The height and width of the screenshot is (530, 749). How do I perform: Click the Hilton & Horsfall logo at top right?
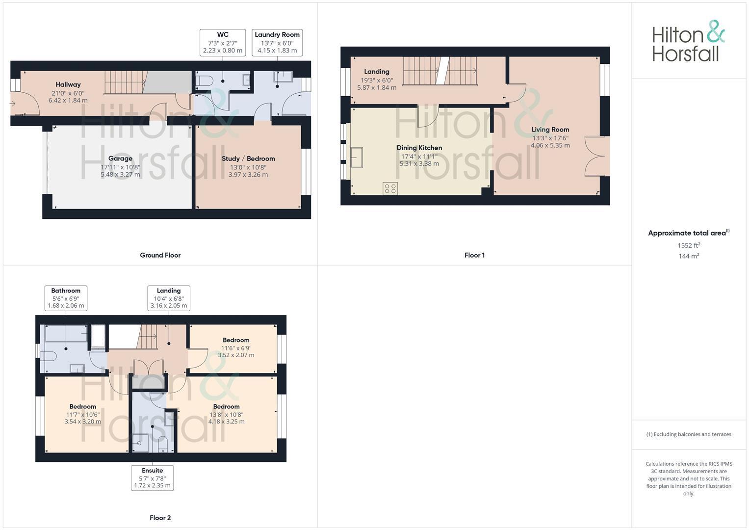pos(688,41)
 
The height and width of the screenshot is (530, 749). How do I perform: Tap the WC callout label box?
pos(223,43)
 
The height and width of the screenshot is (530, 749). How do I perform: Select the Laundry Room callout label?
pos(277,43)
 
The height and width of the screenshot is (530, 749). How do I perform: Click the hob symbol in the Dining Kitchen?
pos(390,188)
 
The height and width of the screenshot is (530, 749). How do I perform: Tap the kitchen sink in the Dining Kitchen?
pos(356,157)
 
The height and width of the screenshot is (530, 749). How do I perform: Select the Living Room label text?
pos(550,130)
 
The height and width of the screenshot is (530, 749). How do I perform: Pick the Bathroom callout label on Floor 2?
pos(66,298)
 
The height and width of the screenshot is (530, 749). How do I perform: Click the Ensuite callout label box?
pos(152,477)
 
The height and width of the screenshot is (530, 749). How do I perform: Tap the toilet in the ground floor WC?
pos(205,80)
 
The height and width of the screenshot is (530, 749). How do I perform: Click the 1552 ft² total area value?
pos(689,245)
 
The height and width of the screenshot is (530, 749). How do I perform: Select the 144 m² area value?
pos(689,256)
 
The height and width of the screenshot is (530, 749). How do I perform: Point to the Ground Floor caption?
pos(160,255)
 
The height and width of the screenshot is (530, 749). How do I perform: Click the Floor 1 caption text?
pos(474,255)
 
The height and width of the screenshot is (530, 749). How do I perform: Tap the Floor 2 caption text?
pos(160,518)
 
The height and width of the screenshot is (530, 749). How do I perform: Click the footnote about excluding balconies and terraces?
pos(689,434)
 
